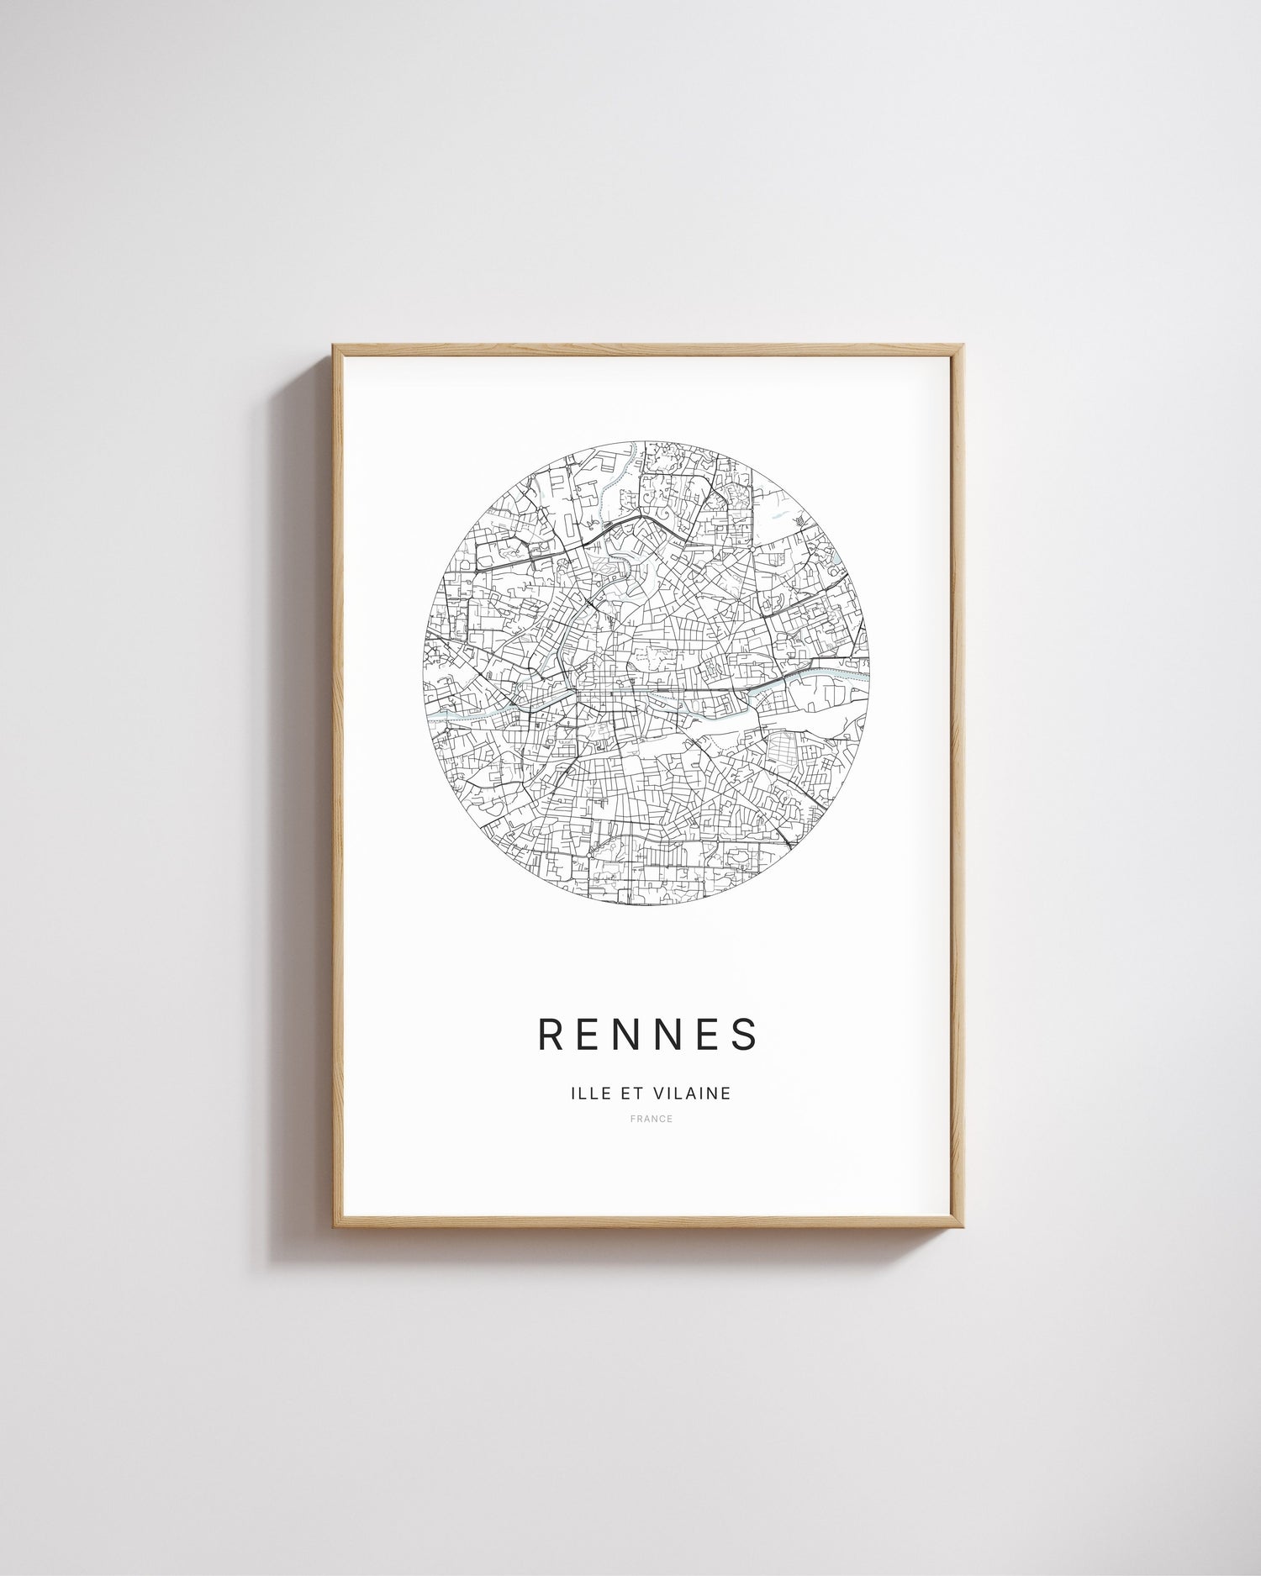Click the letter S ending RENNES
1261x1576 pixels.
pyautogui.click(x=747, y=1035)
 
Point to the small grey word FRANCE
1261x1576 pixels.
pyautogui.click(x=651, y=1119)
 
